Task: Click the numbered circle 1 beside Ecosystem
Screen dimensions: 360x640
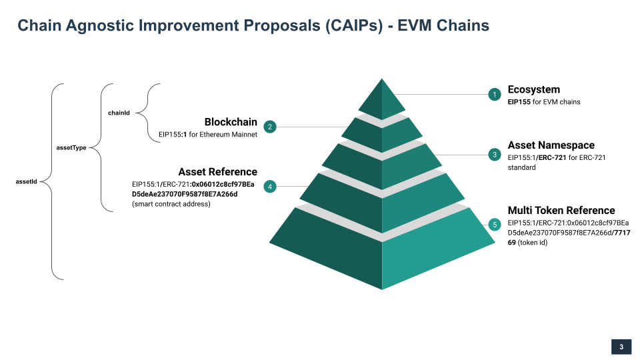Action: tap(494, 95)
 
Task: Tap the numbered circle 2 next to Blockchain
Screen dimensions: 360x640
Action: tap(270, 127)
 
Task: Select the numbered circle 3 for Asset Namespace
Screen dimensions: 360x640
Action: tap(494, 155)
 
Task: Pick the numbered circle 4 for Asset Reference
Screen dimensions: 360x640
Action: tap(270, 187)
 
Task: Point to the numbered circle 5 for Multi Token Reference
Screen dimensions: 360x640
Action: tap(494, 225)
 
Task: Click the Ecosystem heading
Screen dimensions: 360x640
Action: tap(533, 89)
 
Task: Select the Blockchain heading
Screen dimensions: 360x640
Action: tap(231, 122)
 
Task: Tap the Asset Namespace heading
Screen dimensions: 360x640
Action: tap(551, 145)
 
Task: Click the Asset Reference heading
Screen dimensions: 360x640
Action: tap(217, 171)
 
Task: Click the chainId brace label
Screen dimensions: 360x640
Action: tap(119, 113)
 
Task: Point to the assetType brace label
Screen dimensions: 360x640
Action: tap(70, 147)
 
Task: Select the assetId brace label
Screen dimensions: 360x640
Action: tap(26, 181)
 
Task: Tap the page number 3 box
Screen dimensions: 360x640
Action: tap(621, 347)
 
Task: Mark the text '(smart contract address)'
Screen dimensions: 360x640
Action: tap(171, 204)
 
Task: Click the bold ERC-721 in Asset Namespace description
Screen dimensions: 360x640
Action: tap(552, 157)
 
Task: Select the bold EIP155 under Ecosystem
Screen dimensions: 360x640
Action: tap(519, 102)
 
